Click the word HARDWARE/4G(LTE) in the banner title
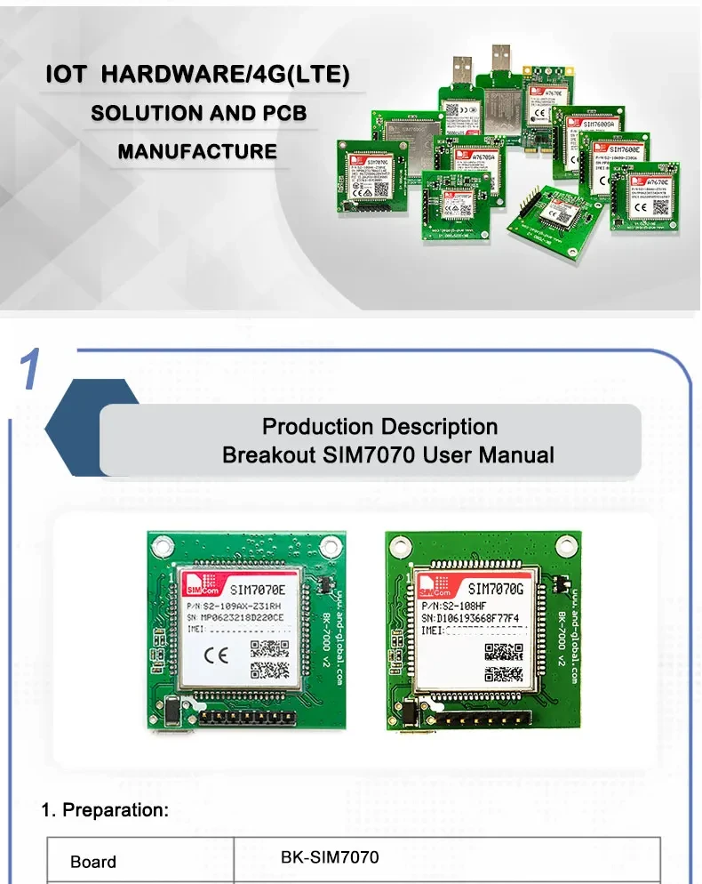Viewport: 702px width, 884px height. click(x=226, y=75)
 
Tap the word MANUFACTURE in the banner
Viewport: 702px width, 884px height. click(x=197, y=151)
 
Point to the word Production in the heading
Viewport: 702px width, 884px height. click(x=320, y=427)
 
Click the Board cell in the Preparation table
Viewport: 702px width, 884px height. click(x=93, y=862)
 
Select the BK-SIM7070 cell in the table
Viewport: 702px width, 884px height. click(x=330, y=858)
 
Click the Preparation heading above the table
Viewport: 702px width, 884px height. click(x=105, y=810)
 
